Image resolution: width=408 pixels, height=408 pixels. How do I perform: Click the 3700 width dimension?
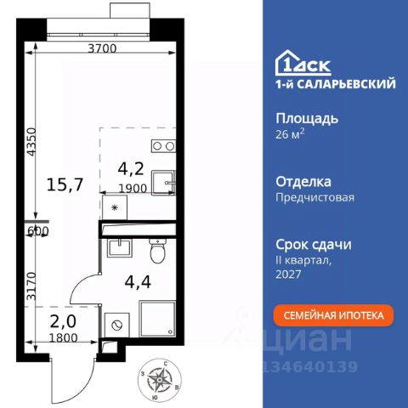pyautogui.click(x=102, y=48)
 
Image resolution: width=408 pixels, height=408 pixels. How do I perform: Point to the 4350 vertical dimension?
pyautogui.click(x=31, y=142)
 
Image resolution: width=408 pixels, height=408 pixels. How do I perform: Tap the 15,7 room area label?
pyautogui.click(x=65, y=184)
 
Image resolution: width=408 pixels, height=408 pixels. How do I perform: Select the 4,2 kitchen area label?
pyautogui.click(x=131, y=169)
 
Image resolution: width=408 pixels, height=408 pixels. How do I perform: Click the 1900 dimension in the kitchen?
pyautogui.click(x=133, y=189)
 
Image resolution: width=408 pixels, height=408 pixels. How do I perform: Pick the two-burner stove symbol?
pyautogui.click(x=163, y=146)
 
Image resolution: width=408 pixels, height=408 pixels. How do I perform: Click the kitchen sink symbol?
pyautogui.click(x=163, y=183)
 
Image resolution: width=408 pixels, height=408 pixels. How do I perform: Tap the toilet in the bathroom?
pyautogui.click(x=157, y=251)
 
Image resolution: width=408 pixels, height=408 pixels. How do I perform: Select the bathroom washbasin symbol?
pyautogui.click(x=119, y=248)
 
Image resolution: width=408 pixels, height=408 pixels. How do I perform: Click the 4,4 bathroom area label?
pyautogui.click(x=138, y=282)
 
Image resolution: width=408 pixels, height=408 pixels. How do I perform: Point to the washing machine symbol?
pyautogui.click(x=117, y=325)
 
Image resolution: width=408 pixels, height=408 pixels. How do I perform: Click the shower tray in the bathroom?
pyautogui.click(x=157, y=320)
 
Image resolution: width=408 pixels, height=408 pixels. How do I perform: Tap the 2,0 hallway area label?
pyautogui.click(x=63, y=321)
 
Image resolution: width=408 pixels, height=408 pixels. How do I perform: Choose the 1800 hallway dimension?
pyautogui.click(x=63, y=337)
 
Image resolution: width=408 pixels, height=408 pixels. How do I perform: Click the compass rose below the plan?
pyautogui.click(x=160, y=379)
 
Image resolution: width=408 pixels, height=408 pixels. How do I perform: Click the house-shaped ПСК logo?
pyautogui.click(x=303, y=63)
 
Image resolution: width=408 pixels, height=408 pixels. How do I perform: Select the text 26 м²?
pyautogui.click(x=290, y=134)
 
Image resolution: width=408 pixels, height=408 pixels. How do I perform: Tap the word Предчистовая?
pyautogui.click(x=314, y=197)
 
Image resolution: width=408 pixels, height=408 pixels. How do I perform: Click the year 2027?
pyautogui.click(x=288, y=274)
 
